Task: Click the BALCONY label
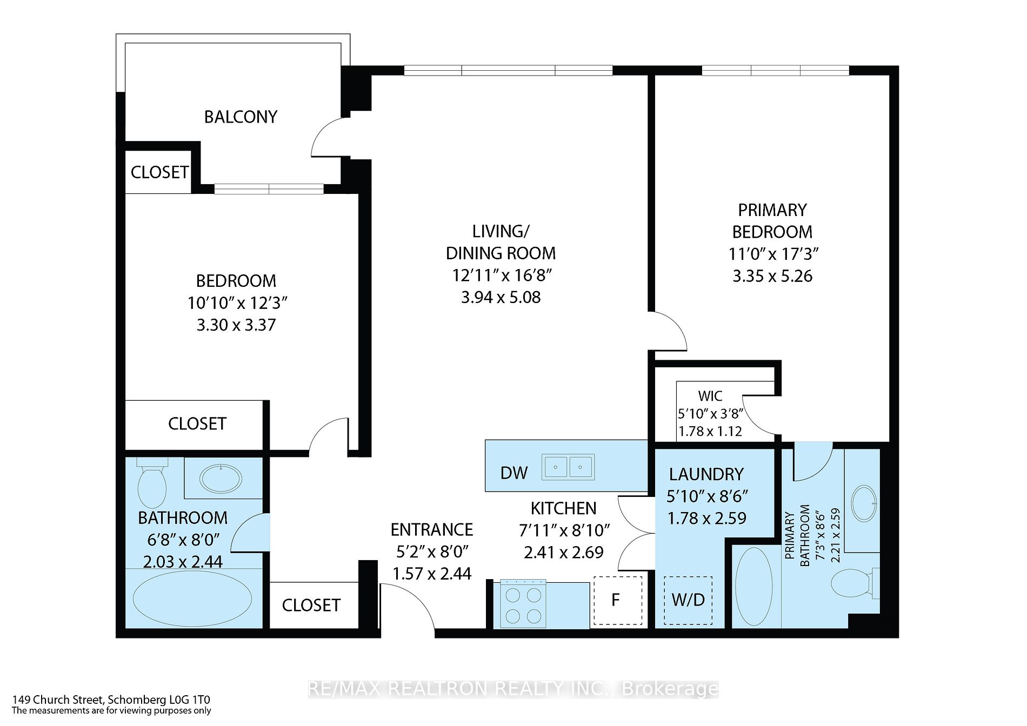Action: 241,117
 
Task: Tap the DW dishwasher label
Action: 514,473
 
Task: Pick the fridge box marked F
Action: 618,601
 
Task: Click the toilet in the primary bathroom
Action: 855,583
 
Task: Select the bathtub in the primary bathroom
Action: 755,588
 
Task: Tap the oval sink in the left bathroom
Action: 221,478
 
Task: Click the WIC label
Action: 710,396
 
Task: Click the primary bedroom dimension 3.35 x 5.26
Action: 772,276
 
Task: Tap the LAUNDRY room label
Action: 706,474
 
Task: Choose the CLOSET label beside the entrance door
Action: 311,606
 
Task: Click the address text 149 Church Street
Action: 57,700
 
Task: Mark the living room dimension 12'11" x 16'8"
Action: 502,275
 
